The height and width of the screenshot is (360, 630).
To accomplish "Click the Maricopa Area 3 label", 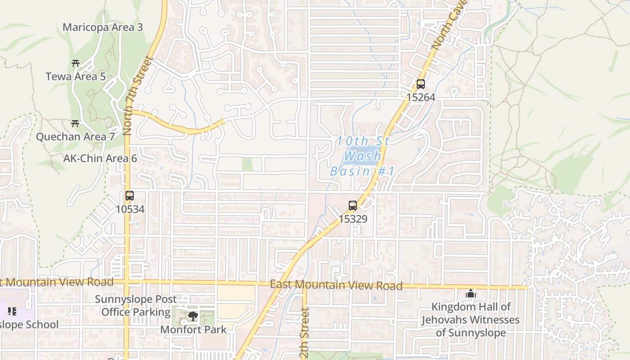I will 103,27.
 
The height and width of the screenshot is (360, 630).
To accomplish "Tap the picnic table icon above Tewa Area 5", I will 76,63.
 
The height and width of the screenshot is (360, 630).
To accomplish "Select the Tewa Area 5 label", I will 76,76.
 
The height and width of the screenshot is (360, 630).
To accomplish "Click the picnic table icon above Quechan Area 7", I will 75,123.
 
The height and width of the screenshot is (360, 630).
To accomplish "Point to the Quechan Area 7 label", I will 75,137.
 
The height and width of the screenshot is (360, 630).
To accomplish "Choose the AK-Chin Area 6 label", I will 100,158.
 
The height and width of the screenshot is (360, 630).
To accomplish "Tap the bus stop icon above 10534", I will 130,196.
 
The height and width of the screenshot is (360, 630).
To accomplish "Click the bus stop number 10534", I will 130,209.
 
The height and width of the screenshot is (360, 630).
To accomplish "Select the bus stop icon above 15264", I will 420,84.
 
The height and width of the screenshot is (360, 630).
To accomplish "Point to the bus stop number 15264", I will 420,97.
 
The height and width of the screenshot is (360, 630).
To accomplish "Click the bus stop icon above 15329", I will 353,206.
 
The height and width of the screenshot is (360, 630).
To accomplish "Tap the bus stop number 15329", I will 353,219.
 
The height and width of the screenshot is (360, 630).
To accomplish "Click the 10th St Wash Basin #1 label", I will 362,156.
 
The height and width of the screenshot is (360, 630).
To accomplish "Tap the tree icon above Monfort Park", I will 193,316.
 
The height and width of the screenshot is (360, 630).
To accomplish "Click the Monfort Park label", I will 193,329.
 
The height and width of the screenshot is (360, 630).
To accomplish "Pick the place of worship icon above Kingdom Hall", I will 471,294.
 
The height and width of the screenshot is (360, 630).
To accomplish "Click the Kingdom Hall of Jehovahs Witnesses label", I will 471,320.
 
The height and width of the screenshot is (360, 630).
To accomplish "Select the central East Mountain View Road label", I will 336,285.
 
